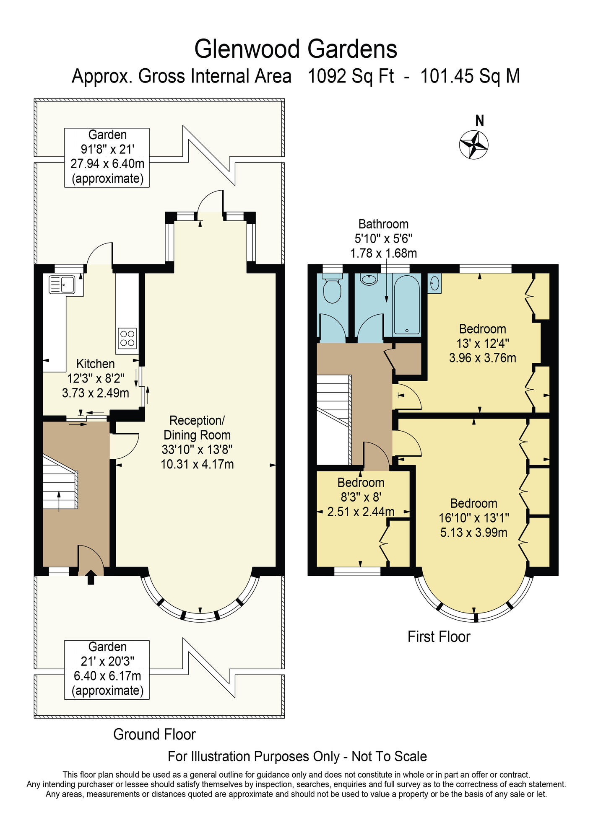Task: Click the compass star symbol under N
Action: click(x=474, y=145)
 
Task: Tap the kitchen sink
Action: click(x=62, y=285)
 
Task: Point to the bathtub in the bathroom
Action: click(x=406, y=305)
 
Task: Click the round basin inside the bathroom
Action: click(x=369, y=279)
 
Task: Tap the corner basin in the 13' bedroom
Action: click(x=434, y=283)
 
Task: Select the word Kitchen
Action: click(x=95, y=364)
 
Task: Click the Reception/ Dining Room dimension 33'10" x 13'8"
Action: click(x=197, y=450)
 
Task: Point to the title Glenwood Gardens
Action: click(x=296, y=49)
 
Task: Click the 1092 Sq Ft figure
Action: click(x=351, y=77)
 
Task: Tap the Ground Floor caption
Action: click(x=154, y=734)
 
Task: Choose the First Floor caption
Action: click(x=439, y=636)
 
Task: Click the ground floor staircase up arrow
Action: click(x=58, y=501)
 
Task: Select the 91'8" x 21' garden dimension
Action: click(x=107, y=149)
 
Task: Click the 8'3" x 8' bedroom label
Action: click(x=361, y=497)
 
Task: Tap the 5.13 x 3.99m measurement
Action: click(x=473, y=533)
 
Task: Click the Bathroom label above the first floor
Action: click(x=383, y=224)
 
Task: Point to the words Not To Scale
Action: click(x=389, y=756)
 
